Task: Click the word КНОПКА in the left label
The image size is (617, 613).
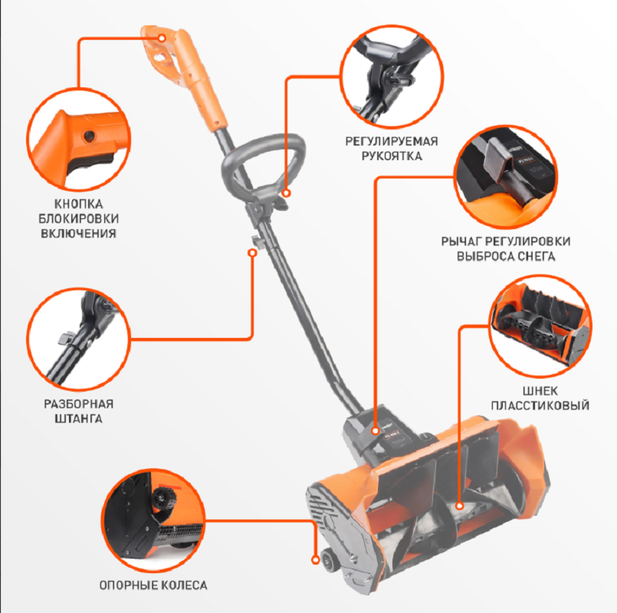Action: [78, 204]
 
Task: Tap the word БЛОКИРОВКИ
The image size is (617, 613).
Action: [78, 218]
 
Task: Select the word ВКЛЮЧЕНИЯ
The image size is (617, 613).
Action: [78, 233]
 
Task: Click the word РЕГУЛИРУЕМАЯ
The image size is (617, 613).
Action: [392, 141]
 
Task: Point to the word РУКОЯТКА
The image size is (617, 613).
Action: [392, 156]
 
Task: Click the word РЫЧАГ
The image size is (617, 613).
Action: [461, 241]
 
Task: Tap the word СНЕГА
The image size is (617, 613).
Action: [536, 256]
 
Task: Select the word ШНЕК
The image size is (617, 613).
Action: [540, 391]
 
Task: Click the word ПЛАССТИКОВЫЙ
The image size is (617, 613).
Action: [540, 405]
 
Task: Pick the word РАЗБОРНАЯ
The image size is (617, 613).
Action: [78, 404]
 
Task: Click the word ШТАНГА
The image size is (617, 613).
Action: [78, 418]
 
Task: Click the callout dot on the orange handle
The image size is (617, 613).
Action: [162, 38]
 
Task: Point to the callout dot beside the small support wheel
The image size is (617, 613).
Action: [315, 559]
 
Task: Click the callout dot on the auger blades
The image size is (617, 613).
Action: [460, 506]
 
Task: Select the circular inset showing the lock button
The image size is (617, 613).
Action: [79, 140]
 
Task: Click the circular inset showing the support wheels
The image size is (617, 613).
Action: [153, 520]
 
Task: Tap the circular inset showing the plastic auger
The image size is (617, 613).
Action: [540, 326]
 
